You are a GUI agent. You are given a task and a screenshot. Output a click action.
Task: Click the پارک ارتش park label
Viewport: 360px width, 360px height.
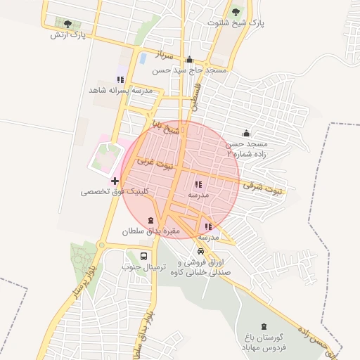(67, 34)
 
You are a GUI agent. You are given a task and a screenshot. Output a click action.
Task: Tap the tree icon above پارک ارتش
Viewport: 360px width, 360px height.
(67, 24)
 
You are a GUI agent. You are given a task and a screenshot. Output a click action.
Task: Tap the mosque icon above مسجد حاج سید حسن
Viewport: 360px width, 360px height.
(189, 60)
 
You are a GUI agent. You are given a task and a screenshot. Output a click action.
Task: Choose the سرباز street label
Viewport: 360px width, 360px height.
(165, 54)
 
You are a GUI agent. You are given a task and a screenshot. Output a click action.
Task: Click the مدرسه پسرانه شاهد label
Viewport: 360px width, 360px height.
(121, 91)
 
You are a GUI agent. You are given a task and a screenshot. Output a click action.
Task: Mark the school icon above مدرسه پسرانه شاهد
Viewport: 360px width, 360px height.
(120, 79)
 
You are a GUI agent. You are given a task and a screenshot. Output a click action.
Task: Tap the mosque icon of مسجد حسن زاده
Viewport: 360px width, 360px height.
(246, 133)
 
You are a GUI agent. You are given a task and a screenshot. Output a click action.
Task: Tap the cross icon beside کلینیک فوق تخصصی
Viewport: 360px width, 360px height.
(115, 181)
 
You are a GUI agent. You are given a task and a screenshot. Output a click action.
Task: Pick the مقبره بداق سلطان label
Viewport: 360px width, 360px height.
(151, 231)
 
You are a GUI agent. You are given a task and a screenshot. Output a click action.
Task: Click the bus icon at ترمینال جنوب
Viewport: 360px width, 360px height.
(144, 257)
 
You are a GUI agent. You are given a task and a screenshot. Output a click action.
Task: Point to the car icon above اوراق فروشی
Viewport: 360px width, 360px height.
(201, 251)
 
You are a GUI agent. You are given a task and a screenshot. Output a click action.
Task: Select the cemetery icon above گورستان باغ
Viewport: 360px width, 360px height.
(264, 326)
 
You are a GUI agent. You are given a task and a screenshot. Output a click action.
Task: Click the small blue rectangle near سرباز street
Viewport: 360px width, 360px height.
(143, 58)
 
